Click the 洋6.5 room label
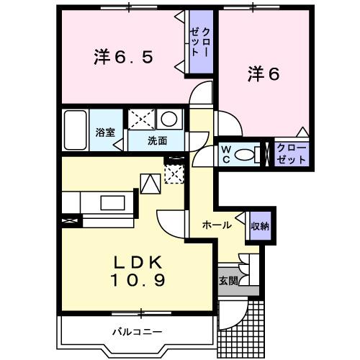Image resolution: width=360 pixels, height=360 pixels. pyautogui.click(x=122, y=57)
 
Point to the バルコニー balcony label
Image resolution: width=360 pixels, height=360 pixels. pyautogui.click(x=137, y=332)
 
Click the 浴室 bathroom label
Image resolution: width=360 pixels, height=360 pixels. pyautogui.click(x=106, y=132)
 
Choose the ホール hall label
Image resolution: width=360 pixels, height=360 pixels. pyautogui.click(x=217, y=225)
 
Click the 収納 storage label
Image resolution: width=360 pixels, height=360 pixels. pyautogui.click(x=259, y=225)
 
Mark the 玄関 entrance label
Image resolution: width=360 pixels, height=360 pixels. pyautogui.click(x=228, y=280)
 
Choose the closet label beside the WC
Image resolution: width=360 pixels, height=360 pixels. pyautogui.click(x=291, y=153)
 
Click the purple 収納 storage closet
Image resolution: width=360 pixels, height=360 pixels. pyautogui.click(x=259, y=225)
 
